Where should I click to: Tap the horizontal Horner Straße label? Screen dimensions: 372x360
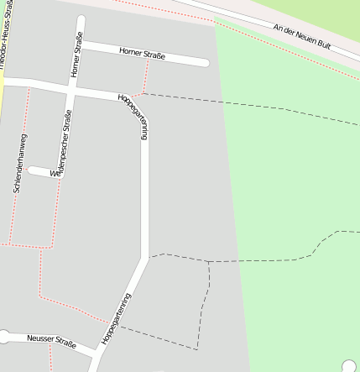142,55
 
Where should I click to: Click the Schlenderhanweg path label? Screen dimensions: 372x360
20,163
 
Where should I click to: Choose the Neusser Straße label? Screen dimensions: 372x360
51,341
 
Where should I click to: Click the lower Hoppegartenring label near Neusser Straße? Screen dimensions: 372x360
116,318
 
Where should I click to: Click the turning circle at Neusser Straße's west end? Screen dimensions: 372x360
3,337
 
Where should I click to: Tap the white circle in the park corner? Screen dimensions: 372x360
349,364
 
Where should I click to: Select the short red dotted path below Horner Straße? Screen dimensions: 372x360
147,80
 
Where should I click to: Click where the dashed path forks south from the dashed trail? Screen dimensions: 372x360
207,262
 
